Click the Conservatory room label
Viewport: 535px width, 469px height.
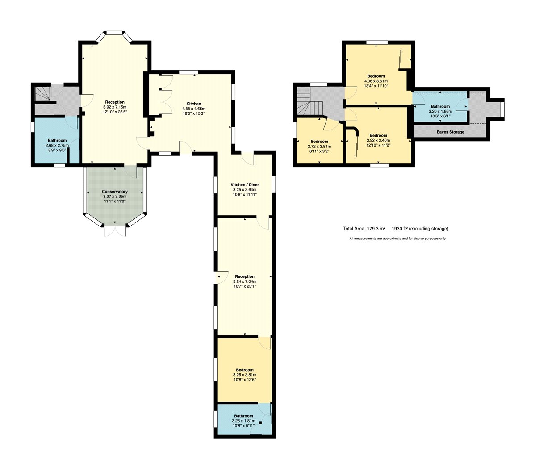click(115, 192)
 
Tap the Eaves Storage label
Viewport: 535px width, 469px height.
click(451, 132)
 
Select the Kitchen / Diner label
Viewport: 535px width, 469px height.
click(245, 184)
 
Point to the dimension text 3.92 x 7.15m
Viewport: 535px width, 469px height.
click(115, 107)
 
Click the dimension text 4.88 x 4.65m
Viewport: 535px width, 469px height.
click(193, 109)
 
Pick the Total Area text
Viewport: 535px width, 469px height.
click(396, 229)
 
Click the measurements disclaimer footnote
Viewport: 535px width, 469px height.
click(397, 239)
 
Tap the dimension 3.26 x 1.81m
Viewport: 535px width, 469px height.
click(244, 421)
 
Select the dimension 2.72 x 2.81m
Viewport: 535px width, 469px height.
click(319, 147)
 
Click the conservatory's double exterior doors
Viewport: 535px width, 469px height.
click(115, 230)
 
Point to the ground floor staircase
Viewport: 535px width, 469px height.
click(43, 93)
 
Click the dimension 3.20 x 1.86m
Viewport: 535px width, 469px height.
click(440, 111)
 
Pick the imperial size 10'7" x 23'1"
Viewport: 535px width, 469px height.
click(245, 286)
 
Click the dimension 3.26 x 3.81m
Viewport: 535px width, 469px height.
click(245, 375)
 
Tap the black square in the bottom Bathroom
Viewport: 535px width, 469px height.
click(261, 423)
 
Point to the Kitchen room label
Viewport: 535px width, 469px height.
click(193, 104)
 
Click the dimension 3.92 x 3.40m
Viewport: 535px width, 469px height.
click(378, 140)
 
